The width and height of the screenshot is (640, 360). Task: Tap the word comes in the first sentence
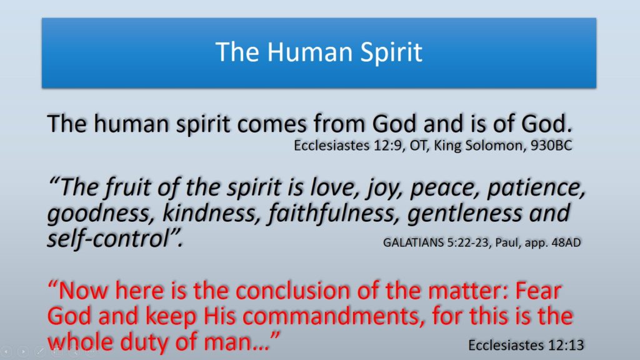pos(271,124)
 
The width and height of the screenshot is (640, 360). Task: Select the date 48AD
pos(566,242)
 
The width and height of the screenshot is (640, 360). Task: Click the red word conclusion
pos(292,291)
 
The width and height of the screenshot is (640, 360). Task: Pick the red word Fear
pos(538,291)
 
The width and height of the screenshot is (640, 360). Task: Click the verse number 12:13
pos(566,345)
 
